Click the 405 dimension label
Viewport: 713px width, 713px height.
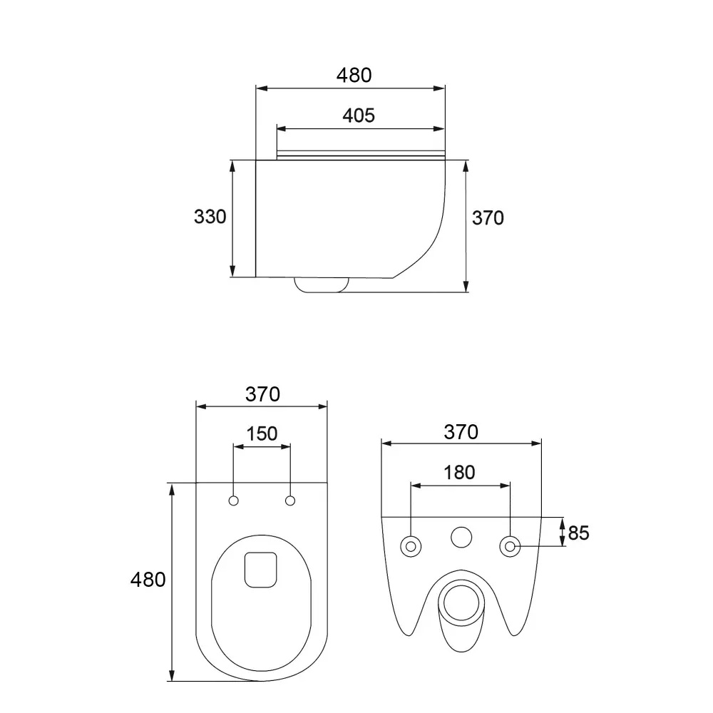point(359,116)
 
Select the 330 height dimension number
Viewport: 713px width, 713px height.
point(210,217)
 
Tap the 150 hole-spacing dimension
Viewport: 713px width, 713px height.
point(262,434)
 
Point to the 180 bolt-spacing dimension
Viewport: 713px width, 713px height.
point(459,473)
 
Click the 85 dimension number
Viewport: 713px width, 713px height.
point(578,533)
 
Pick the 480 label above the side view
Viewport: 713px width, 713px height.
point(354,75)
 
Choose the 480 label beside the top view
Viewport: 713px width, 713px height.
point(148,580)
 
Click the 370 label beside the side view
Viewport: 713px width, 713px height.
point(488,218)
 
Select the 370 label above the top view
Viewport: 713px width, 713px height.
point(262,394)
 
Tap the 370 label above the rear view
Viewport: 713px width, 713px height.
point(461,432)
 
